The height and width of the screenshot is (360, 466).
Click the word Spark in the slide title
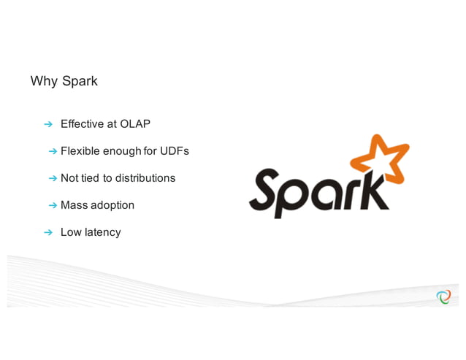(x=80, y=81)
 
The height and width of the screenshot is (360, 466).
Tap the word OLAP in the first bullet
(x=135, y=124)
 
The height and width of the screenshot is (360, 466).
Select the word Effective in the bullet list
(x=83, y=124)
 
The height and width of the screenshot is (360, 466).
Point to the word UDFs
(x=175, y=151)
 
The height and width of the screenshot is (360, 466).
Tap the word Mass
(x=73, y=205)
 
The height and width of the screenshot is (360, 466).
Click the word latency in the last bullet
(x=102, y=232)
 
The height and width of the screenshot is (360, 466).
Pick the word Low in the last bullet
(x=70, y=232)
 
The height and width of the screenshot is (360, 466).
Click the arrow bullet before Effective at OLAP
(x=48, y=124)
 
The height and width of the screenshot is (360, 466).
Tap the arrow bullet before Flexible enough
(x=53, y=152)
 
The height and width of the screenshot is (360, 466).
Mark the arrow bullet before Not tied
(x=53, y=178)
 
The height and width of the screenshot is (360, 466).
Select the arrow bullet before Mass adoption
(x=53, y=206)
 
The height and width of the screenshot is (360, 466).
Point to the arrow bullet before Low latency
(x=48, y=233)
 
